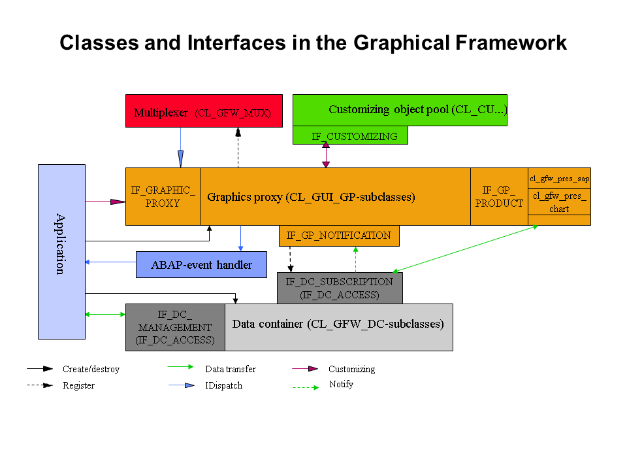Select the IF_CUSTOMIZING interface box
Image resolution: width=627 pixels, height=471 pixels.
(350, 136)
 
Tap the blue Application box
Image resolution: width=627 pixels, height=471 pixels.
(61, 252)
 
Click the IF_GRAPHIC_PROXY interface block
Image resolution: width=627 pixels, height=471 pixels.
(163, 197)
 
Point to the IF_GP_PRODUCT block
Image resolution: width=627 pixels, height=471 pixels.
(499, 197)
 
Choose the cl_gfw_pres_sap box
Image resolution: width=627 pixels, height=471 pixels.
(559, 178)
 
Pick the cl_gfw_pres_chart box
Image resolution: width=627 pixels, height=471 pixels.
(559, 202)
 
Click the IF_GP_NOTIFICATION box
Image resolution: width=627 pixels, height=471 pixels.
(338, 235)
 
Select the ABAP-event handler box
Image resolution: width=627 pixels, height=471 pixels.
(201, 265)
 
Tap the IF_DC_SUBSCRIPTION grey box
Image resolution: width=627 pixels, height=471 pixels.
(339, 288)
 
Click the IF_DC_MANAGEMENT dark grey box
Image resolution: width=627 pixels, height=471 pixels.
(175, 327)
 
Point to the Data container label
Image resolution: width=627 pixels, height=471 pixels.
(338, 324)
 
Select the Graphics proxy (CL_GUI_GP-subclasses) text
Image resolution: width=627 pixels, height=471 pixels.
(311, 196)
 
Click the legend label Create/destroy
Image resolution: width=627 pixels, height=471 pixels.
(91, 369)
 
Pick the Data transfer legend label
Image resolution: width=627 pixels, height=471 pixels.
(230, 369)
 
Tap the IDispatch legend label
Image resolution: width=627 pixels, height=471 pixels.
(223, 385)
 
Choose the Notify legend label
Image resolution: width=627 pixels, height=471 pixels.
(341, 384)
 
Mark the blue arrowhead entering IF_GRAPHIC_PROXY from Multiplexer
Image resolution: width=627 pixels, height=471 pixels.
(181, 159)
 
